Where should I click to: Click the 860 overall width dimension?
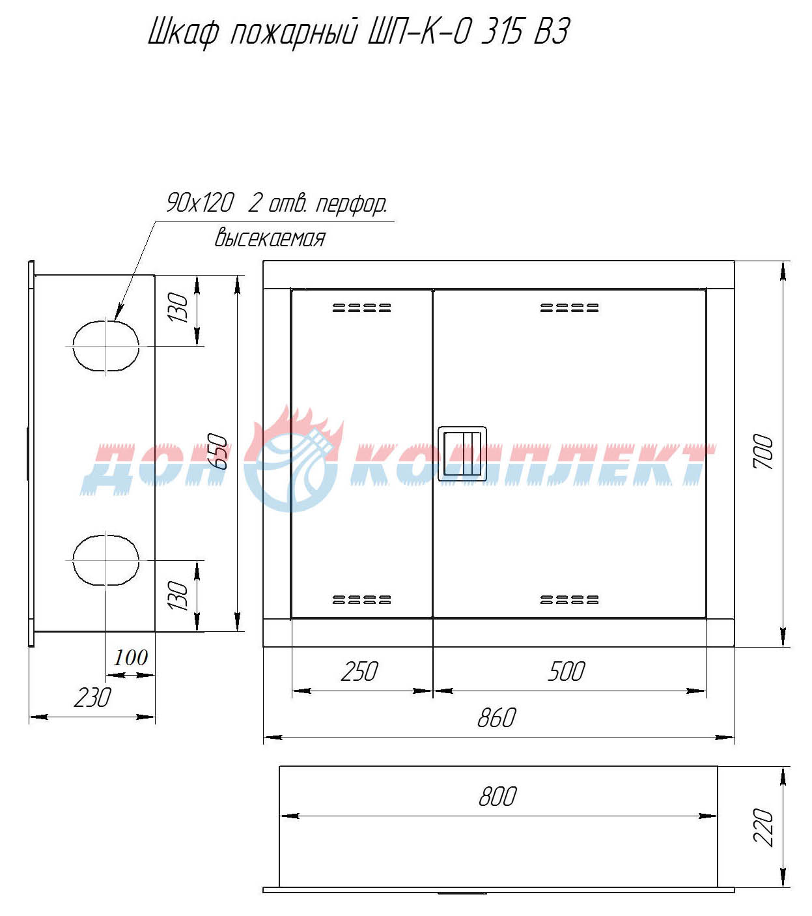496,718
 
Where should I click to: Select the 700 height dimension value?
763,451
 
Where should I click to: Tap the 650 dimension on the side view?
217,451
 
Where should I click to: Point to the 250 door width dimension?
359,672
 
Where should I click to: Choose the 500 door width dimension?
567,672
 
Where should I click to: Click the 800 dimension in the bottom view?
497,797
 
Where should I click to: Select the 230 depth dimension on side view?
92,698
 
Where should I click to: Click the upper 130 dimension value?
178,308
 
